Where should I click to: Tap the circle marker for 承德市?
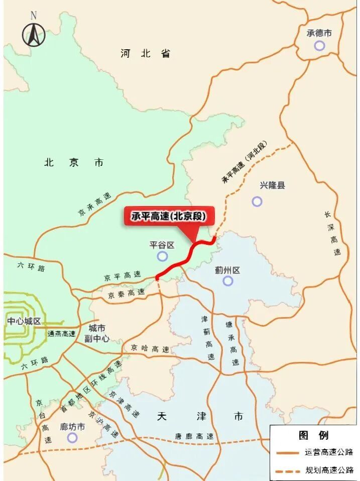[319, 46]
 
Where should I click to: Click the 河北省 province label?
[146, 53]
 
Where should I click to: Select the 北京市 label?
[74, 162]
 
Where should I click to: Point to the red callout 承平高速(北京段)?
[169, 217]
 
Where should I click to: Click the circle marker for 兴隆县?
[257, 202]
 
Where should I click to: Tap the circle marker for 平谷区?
[162, 256]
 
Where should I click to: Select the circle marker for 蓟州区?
[228, 281]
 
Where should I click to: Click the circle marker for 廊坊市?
[72, 438]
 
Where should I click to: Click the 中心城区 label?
[24, 321]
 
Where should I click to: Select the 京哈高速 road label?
[150, 348]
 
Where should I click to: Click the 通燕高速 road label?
[61, 334]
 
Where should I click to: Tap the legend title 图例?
[313, 435]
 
